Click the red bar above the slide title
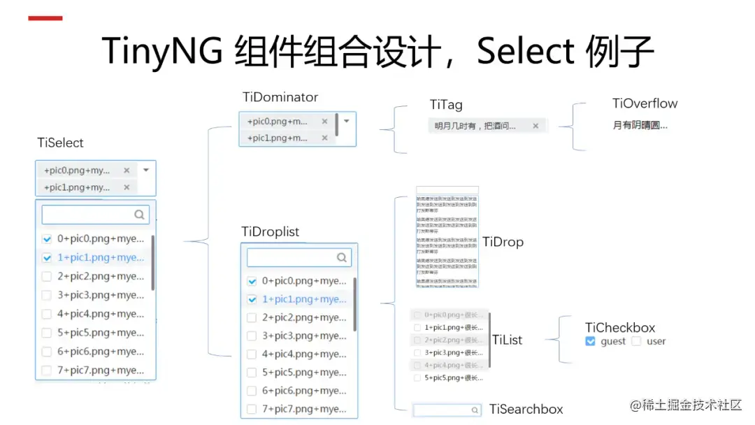tap(45, 18)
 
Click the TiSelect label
tap(60, 143)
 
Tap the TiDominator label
tap(280, 97)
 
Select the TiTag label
tap(446, 105)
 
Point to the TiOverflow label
tap(645, 103)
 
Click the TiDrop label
tap(503, 243)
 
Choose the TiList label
tap(508, 340)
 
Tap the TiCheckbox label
tap(620, 328)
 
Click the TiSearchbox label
tap(526, 410)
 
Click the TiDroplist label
tap(270, 232)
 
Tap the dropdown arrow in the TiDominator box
tap(346, 121)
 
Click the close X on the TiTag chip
tap(535, 126)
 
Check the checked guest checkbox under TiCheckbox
tap(590, 342)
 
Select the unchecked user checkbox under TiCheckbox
tap(636, 342)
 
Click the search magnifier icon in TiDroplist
tap(341, 257)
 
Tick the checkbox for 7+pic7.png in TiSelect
tap(47, 370)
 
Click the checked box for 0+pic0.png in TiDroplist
tap(252, 281)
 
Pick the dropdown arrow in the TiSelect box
tap(146, 170)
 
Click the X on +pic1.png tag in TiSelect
tap(127, 187)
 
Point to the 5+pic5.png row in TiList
tap(453, 378)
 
